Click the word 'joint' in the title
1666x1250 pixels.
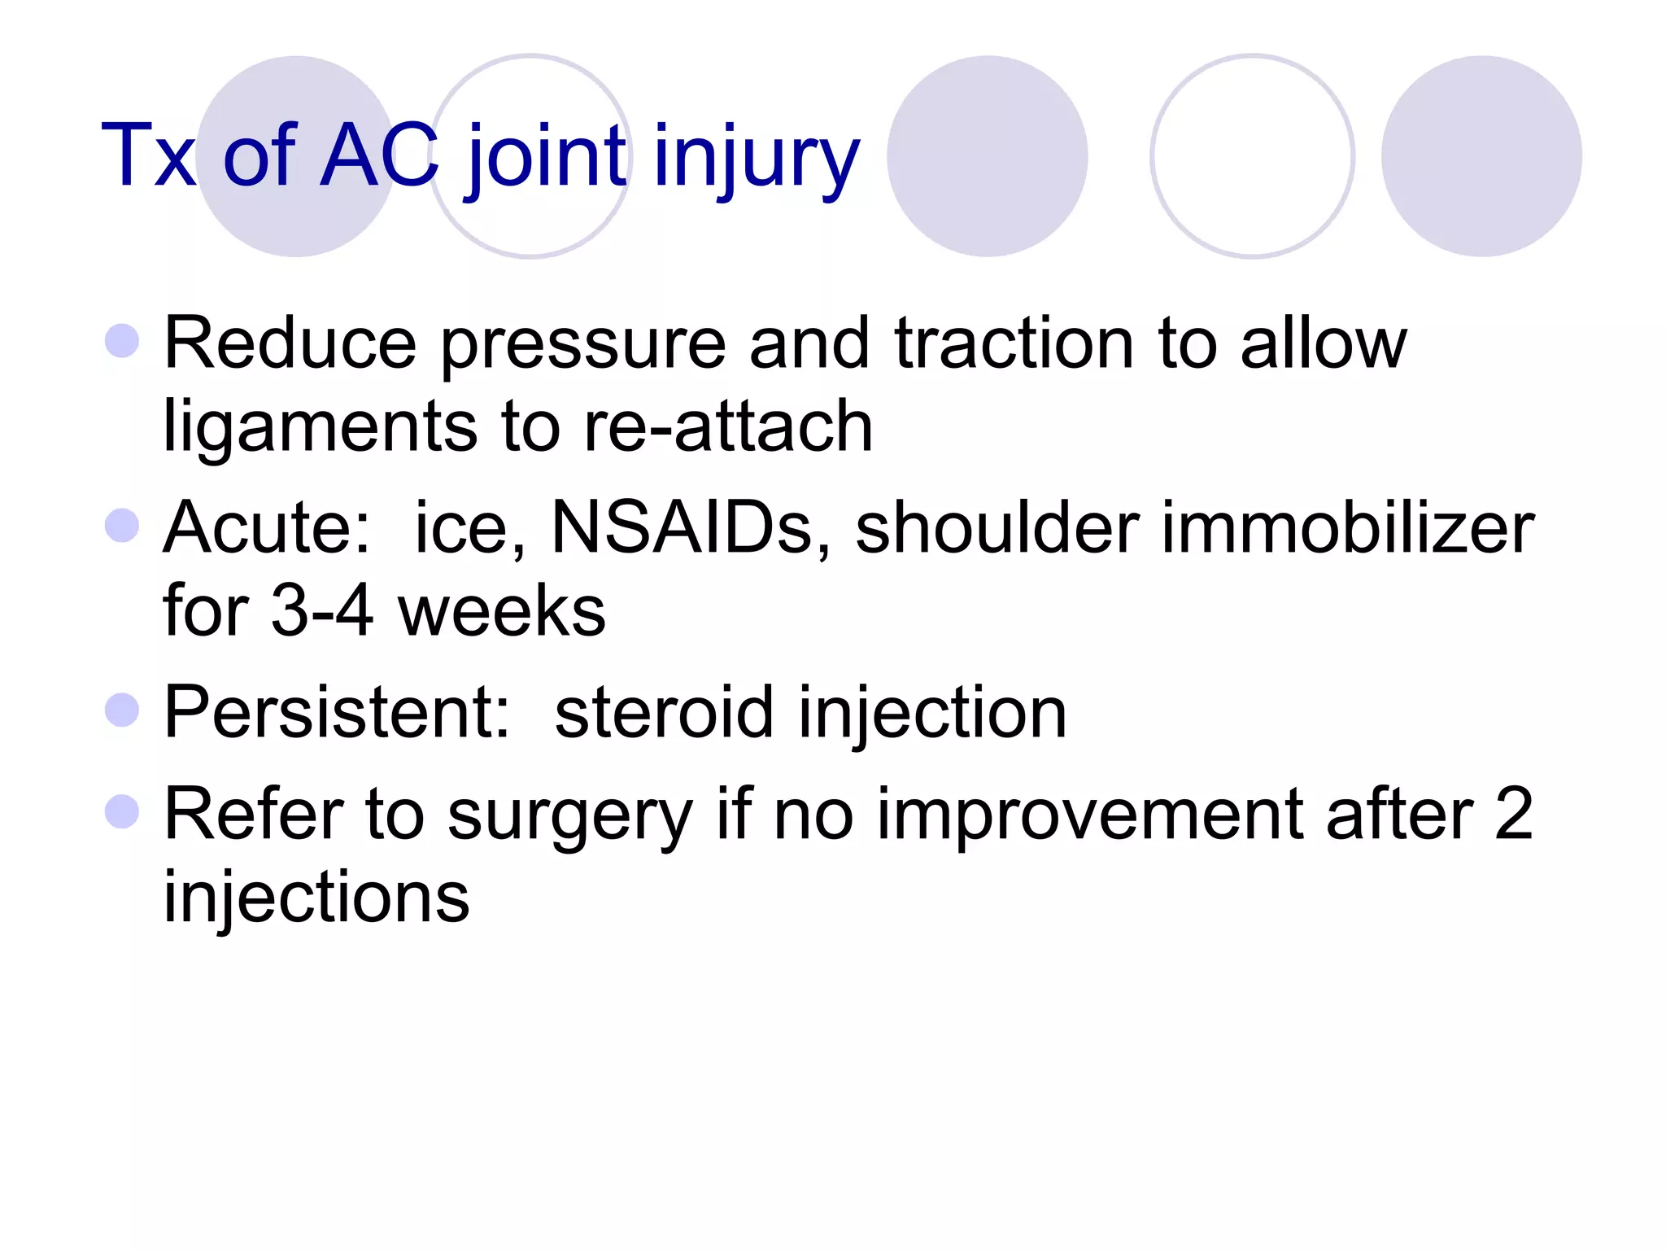coord(547,156)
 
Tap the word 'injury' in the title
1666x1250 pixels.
coord(756,156)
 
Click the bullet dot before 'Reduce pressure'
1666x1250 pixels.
coord(122,341)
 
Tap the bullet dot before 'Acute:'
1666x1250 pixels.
coord(122,526)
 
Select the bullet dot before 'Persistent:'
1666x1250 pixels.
coord(122,710)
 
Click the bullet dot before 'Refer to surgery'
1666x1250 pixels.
coord(122,811)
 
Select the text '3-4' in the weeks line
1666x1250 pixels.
coord(322,610)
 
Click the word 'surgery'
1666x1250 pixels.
coord(569,815)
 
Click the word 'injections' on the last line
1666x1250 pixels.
coord(316,897)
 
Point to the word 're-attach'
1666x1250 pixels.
coord(728,426)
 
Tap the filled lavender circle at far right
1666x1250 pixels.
coord(1481,156)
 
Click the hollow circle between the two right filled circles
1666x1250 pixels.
coord(1252,156)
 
